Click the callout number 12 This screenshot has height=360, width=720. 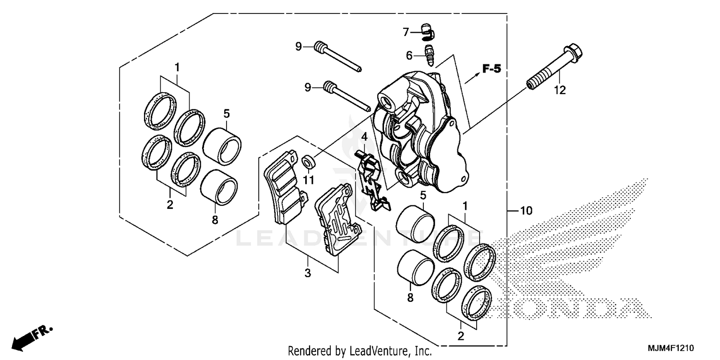(x=560, y=90)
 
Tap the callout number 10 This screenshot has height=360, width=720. (x=526, y=210)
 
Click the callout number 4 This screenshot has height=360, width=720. (x=364, y=138)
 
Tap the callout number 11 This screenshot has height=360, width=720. (x=308, y=180)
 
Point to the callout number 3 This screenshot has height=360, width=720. (x=308, y=274)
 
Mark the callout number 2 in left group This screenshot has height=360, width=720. (x=170, y=205)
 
